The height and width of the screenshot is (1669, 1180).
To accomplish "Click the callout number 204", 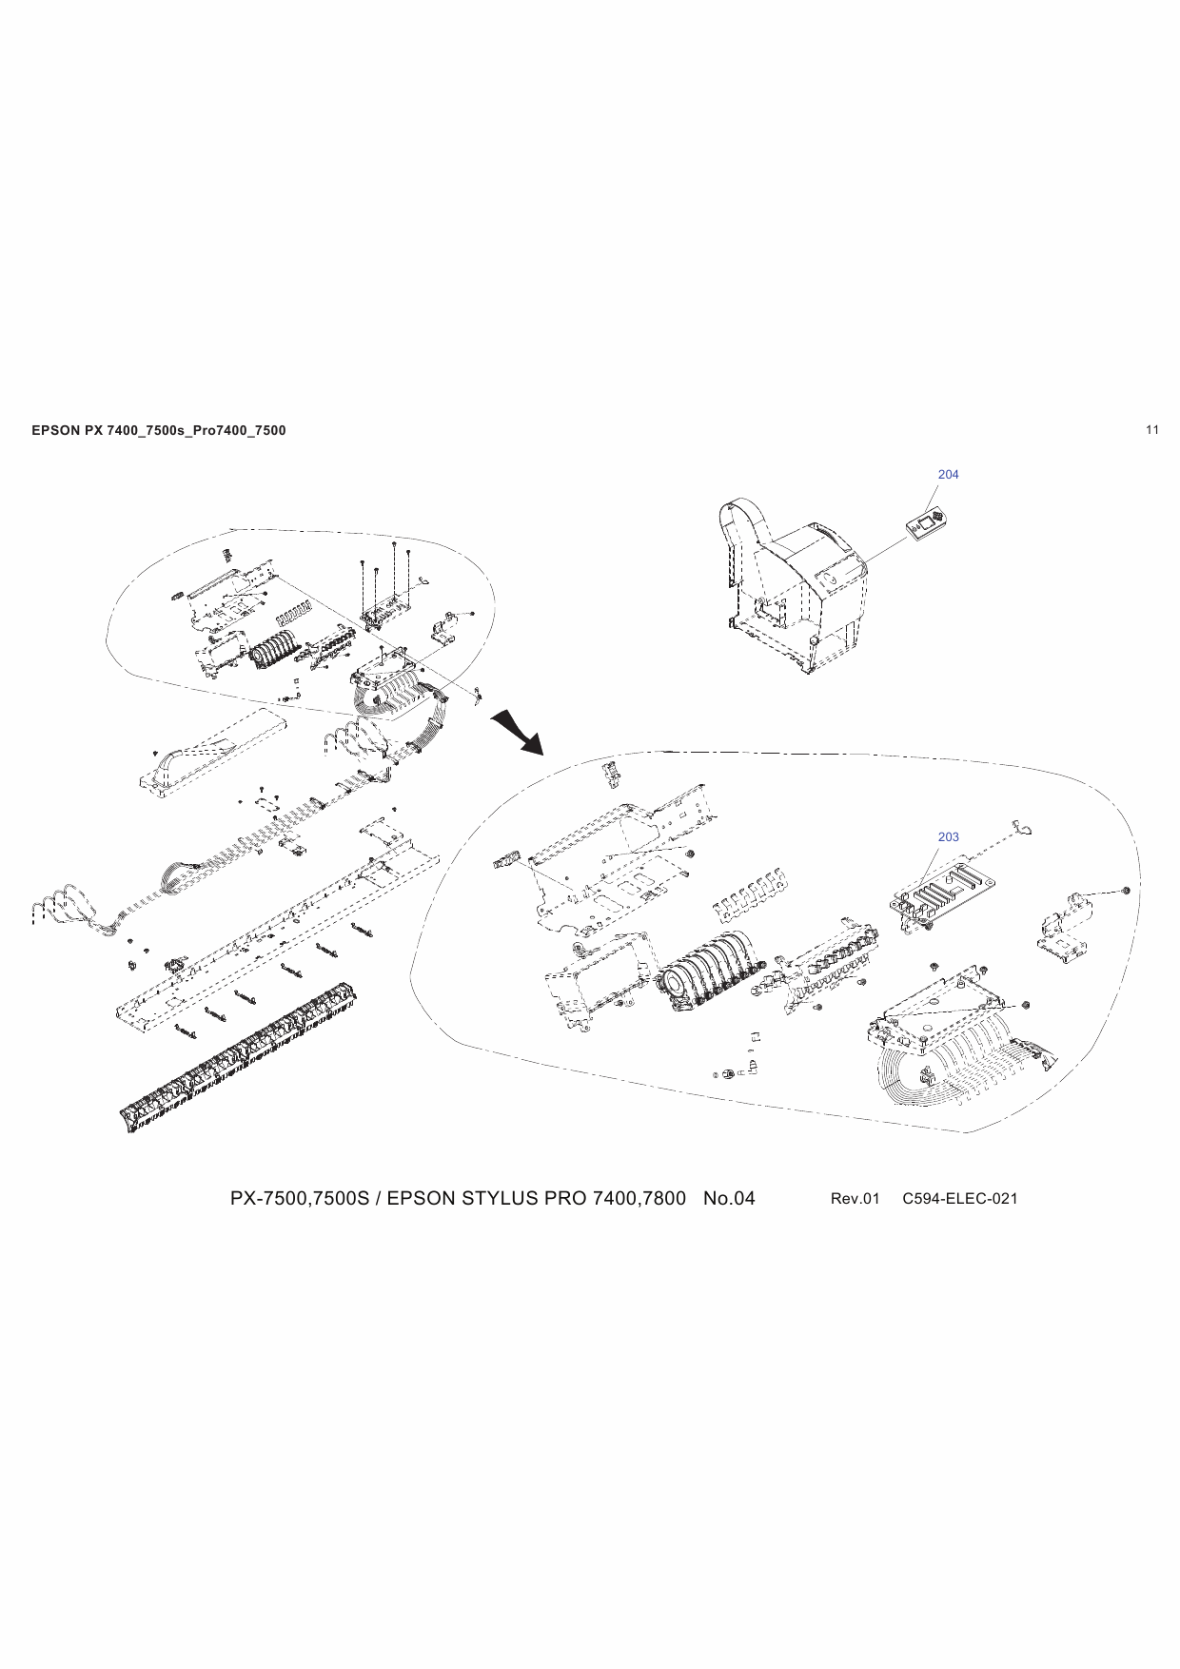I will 948,474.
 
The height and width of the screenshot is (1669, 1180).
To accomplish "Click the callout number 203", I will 948,836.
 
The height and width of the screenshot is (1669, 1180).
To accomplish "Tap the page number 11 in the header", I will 1152,429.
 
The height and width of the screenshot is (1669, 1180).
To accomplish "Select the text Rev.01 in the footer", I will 855,1198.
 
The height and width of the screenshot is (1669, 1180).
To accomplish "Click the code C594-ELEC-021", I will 959,1198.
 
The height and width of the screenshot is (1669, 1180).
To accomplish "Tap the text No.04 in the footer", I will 728,1198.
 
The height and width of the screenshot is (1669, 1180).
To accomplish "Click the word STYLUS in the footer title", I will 501,1198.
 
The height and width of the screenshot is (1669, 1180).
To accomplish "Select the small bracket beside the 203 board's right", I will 1066,928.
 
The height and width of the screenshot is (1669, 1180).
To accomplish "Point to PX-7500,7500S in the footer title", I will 299,1198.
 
